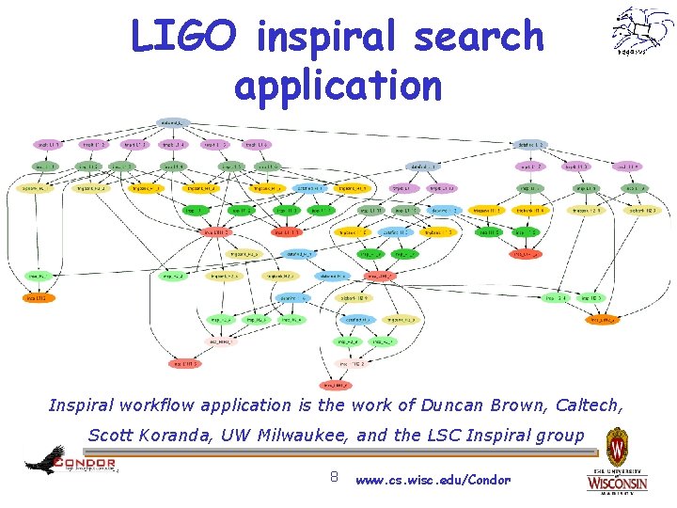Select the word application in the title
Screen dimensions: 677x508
coord(338,84)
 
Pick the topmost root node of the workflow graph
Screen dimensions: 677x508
coord(172,121)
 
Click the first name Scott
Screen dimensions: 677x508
coord(110,436)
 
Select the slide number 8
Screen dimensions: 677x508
coord(333,478)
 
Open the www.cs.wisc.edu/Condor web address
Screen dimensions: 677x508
coord(433,480)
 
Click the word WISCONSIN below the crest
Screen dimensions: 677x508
coord(617,483)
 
